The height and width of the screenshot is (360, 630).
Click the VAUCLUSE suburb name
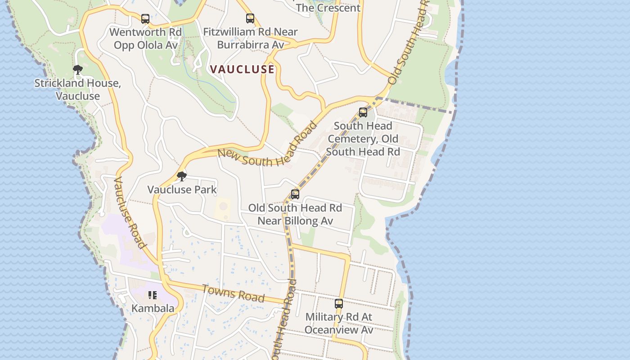242,69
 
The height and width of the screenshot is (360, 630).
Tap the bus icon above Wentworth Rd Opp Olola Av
145,19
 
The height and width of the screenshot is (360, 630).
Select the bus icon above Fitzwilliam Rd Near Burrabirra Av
250,18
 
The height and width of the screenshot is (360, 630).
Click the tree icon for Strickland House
78,69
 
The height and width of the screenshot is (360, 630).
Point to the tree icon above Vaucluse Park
182,176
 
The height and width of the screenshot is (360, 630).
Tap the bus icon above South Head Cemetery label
363,112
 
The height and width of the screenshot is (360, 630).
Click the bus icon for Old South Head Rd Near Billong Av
295,194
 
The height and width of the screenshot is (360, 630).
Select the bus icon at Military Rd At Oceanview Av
339,304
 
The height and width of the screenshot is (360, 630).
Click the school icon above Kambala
153,295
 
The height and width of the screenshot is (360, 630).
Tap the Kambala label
153,308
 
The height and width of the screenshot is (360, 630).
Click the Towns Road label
233,293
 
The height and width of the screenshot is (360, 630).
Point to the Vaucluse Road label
130,212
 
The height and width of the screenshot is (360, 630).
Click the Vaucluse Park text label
182,189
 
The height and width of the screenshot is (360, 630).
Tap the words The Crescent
328,8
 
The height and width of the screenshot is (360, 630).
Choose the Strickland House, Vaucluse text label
78,89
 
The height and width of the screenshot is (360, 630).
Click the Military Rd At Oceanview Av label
339,323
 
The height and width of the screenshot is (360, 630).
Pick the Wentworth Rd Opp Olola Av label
145,39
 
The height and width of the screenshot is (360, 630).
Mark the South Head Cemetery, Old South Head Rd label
363,139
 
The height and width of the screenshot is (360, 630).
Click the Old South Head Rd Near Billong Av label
295,214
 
